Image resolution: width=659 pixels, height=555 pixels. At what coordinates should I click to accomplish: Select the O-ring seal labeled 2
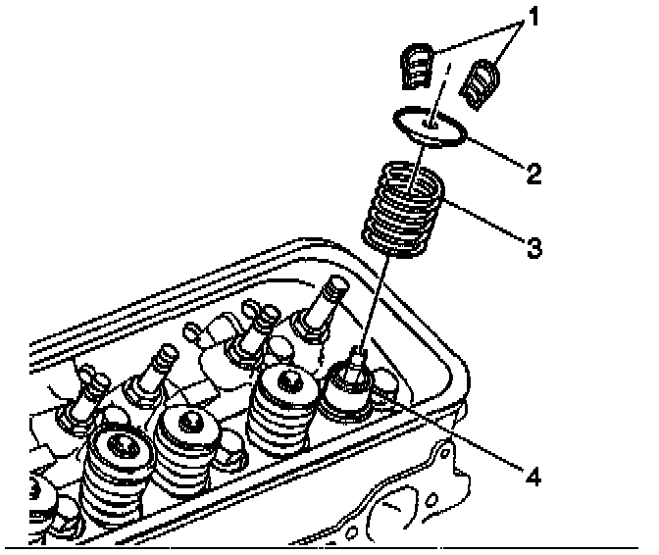428,127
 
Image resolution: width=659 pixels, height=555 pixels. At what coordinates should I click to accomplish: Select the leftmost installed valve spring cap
118,452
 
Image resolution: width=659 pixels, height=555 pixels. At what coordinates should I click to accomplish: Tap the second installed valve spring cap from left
191,423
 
